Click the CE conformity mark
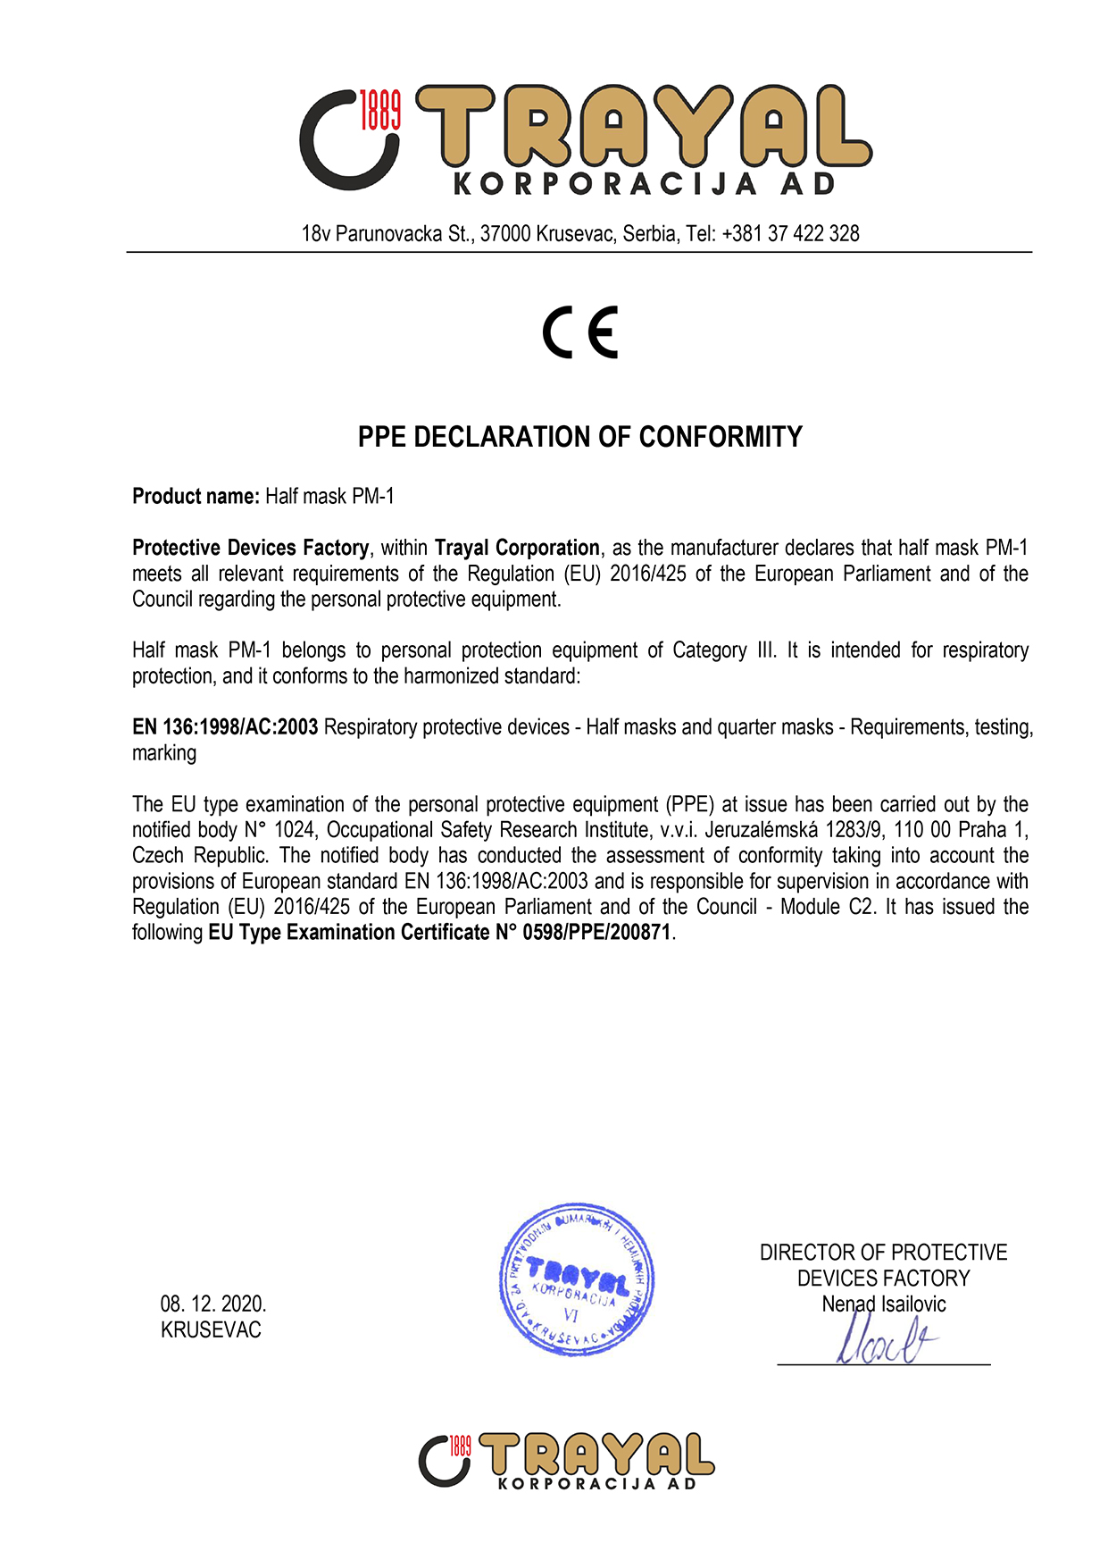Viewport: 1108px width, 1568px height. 580,332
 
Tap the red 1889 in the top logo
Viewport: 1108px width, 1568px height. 379,110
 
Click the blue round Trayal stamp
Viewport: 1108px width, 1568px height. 577,1279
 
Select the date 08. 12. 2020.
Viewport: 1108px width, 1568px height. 213,1304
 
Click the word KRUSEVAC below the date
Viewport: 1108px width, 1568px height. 211,1330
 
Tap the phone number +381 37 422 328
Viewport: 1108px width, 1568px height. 790,234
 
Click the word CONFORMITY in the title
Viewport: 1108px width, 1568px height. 721,437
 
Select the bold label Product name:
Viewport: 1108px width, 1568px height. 196,497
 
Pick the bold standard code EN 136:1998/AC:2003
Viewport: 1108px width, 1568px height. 225,727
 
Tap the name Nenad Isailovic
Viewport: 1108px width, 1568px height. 883,1304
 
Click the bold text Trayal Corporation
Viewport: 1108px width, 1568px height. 517,548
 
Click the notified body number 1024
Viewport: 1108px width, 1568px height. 294,830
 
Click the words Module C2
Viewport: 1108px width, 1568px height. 826,907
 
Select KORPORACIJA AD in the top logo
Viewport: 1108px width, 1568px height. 645,184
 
